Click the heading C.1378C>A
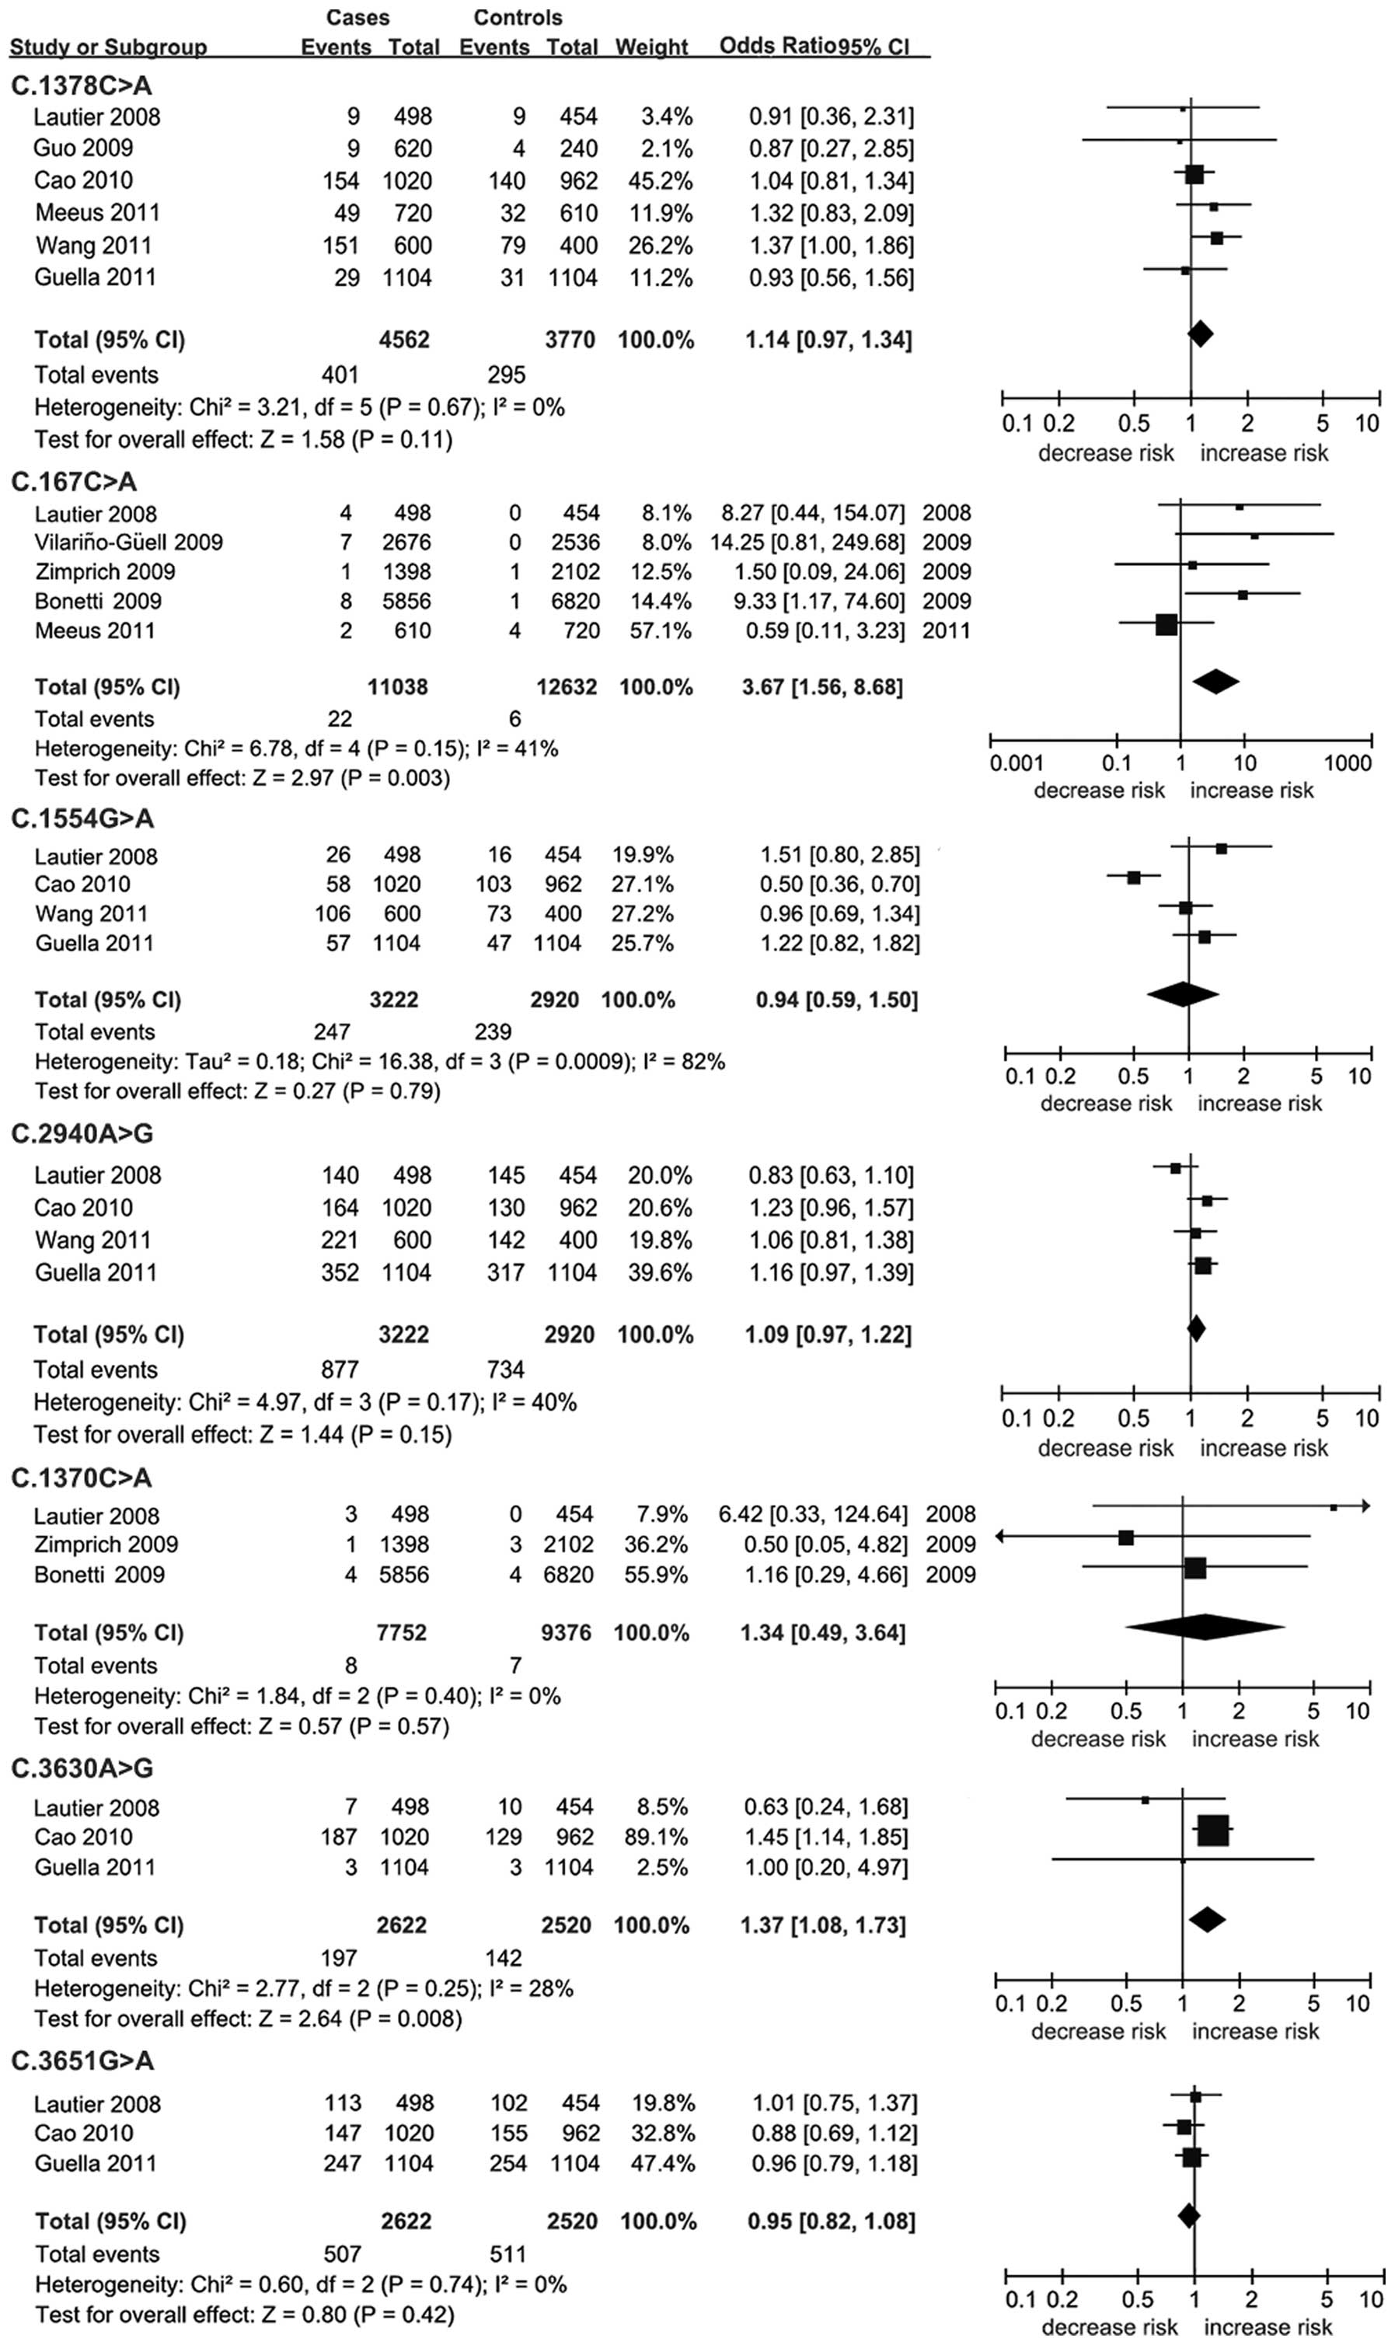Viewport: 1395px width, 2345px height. point(81,85)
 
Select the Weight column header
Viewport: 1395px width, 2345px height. point(651,46)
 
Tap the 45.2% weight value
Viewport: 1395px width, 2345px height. point(660,180)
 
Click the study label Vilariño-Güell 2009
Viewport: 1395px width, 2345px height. point(129,543)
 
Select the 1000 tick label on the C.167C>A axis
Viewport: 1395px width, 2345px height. point(1347,762)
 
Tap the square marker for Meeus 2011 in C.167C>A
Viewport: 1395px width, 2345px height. point(1166,624)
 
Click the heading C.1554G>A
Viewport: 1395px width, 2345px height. point(82,818)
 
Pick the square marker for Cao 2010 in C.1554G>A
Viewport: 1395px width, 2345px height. point(1134,878)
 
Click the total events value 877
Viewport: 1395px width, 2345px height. point(340,1370)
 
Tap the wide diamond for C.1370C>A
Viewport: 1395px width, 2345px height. point(1205,1627)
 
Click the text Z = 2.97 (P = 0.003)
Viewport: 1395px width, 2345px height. point(350,778)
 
